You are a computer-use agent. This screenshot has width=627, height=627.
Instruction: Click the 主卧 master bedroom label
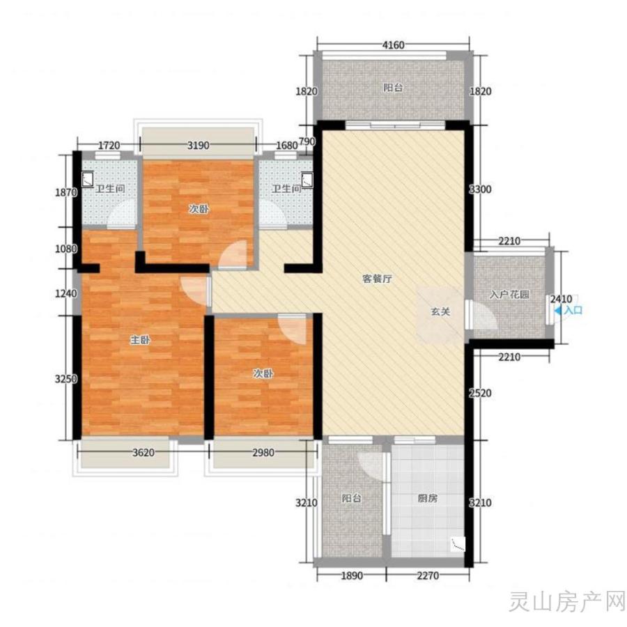[x=140, y=340]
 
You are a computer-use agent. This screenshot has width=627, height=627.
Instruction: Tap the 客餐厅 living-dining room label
[x=377, y=279]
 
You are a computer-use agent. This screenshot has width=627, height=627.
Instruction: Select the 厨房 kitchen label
[x=428, y=498]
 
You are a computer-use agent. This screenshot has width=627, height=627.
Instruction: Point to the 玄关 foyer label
[x=440, y=311]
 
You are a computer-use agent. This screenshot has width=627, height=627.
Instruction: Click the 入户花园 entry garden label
[x=509, y=295]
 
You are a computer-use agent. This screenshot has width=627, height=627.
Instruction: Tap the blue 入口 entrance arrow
[x=558, y=310]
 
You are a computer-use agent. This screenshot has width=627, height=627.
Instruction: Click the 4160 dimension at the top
[x=394, y=45]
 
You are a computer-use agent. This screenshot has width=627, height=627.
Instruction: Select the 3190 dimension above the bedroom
[x=199, y=145]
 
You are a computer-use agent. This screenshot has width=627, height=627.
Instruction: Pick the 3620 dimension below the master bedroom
[x=143, y=453]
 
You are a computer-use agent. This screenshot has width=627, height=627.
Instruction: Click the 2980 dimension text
[x=263, y=453]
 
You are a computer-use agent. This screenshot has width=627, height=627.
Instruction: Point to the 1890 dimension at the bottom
[x=352, y=576]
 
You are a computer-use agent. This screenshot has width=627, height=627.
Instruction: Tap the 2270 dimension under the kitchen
[x=428, y=576]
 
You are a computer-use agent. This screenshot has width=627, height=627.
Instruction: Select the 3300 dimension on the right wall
[x=480, y=189]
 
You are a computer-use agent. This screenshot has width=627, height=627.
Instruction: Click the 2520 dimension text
[x=480, y=393]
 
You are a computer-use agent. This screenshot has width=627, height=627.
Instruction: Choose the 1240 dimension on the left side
[x=66, y=293]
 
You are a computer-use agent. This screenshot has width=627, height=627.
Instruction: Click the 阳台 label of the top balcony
[x=393, y=88]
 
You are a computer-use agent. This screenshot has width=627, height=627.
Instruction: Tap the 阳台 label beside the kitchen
[x=352, y=498]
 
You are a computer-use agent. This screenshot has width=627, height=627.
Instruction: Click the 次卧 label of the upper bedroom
[x=199, y=209]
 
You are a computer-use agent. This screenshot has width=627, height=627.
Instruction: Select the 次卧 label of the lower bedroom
[x=263, y=373]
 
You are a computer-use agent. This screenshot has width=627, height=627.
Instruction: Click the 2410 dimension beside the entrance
[x=561, y=299]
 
